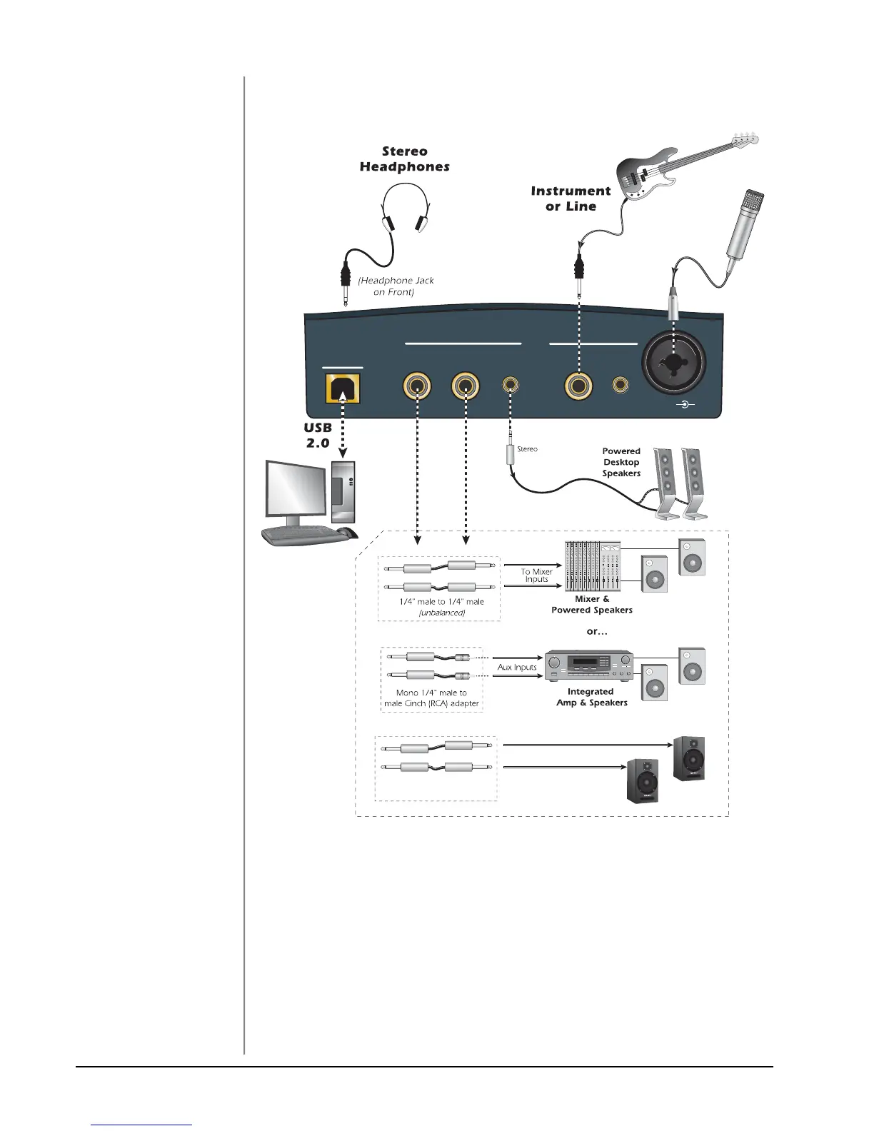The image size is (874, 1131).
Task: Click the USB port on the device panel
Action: [x=343, y=390]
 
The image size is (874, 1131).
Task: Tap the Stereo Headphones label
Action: [x=405, y=159]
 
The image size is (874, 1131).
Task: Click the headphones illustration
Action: [x=405, y=207]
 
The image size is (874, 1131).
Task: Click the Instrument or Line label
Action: [x=571, y=198]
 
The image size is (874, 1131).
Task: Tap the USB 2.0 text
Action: [x=318, y=436]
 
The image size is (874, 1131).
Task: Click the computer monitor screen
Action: [x=296, y=488]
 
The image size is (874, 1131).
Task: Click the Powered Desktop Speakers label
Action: [x=621, y=462]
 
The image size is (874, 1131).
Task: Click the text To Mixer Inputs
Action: [x=536, y=575]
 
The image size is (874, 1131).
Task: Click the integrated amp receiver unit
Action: [x=589, y=665]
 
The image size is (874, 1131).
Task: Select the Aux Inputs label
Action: [x=517, y=667]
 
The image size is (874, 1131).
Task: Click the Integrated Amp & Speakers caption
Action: [x=591, y=697]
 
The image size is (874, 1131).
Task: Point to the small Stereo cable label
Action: [x=527, y=449]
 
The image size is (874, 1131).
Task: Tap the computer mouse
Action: [x=347, y=532]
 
